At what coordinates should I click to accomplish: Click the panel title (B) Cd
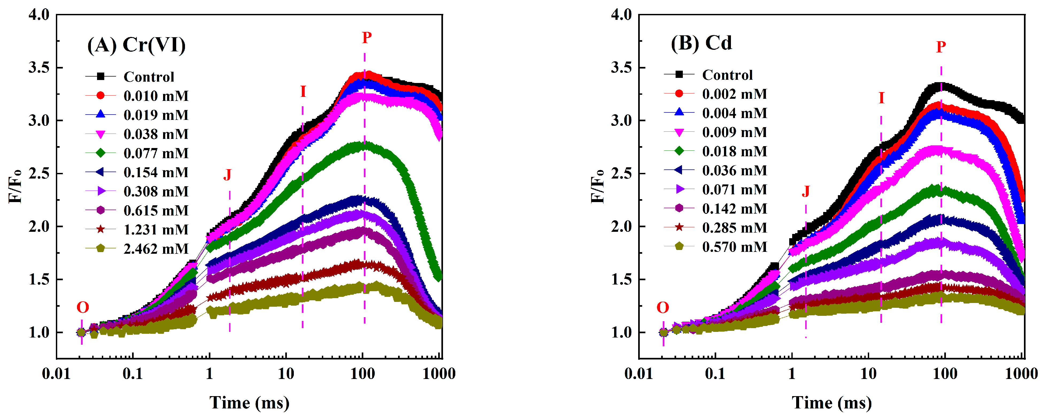(701, 43)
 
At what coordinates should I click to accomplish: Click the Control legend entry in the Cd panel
(727, 75)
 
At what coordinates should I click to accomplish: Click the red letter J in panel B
(806, 191)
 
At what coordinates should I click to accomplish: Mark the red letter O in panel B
(663, 308)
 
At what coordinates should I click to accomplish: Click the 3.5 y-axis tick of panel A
(39, 68)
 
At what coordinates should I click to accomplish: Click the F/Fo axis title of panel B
(597, 187)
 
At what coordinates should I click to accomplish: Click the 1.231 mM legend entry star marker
(101, 230)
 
